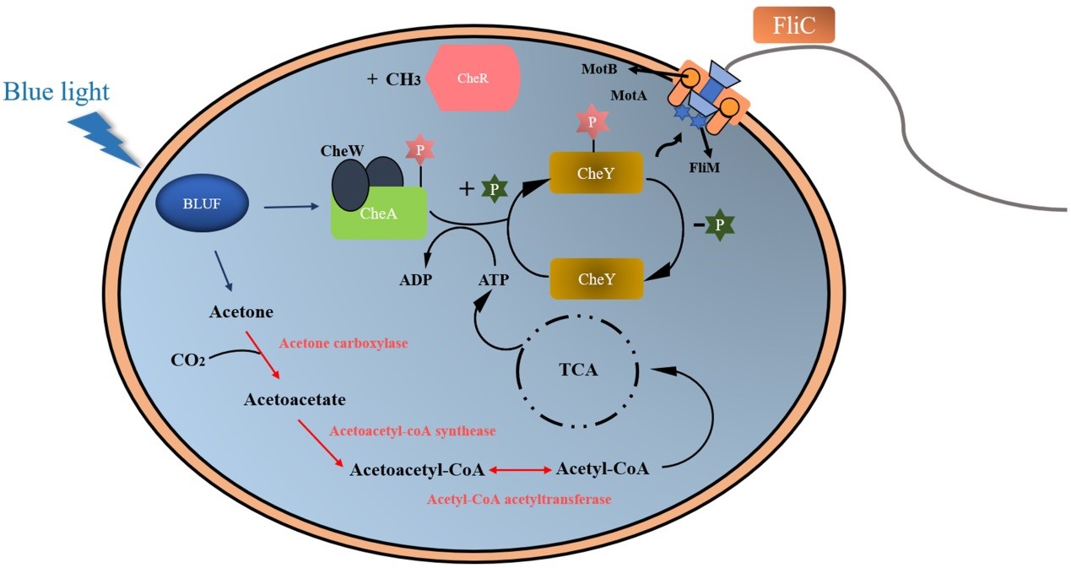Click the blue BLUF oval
[x=203, y=203]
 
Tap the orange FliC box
[x=794, y=26]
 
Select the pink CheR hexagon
[x=473, y=78]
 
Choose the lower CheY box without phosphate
[x=597, y=279]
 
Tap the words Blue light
[x=57, y=91]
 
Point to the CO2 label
[x=187, y=361]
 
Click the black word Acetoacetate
[x=295, y=398]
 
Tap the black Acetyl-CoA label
[x=603, y=468]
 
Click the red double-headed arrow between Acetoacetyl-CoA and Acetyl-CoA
[x=519, y=469]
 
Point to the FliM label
[x=706, y=167]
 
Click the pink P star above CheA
[x=419, y=149]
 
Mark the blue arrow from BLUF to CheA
[x=291, y=205]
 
